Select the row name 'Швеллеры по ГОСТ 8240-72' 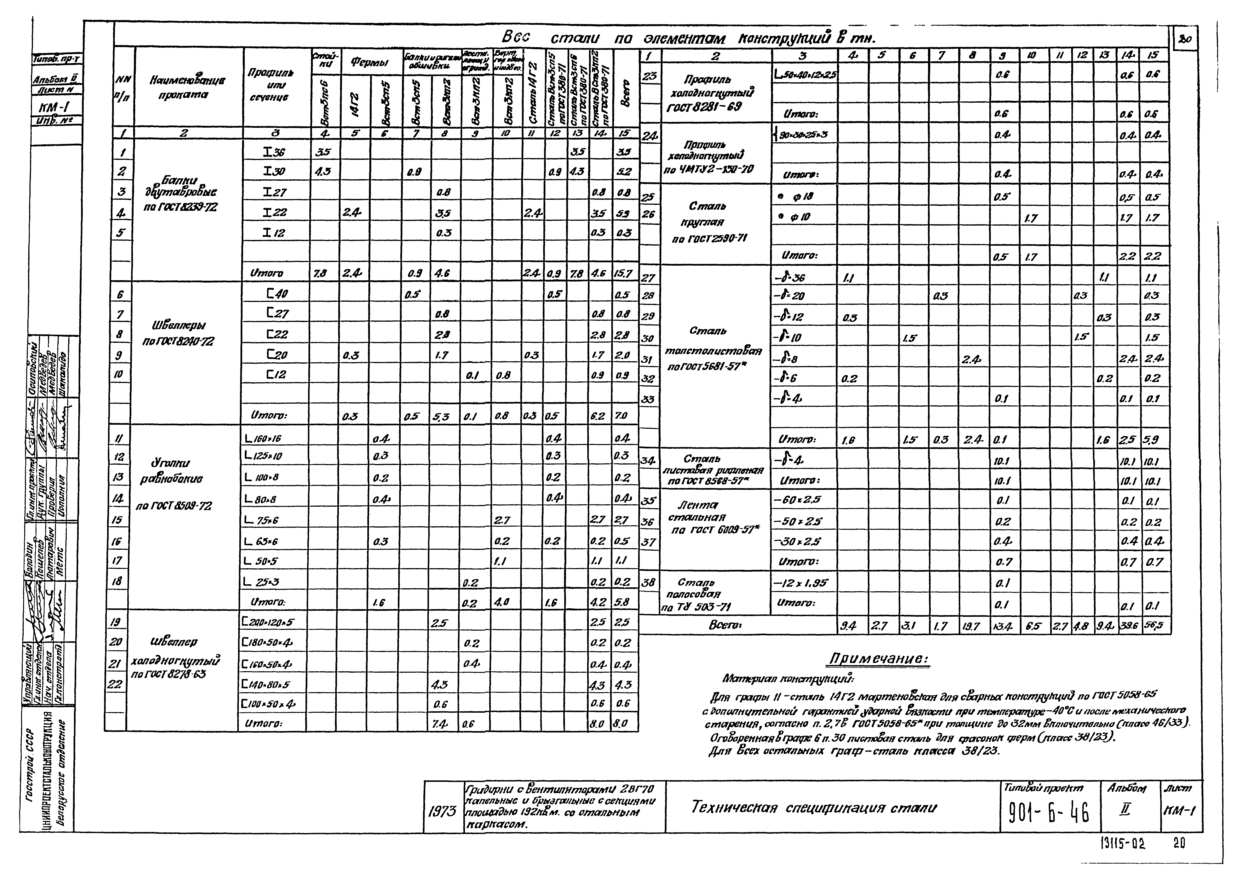(x=178, y=333)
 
